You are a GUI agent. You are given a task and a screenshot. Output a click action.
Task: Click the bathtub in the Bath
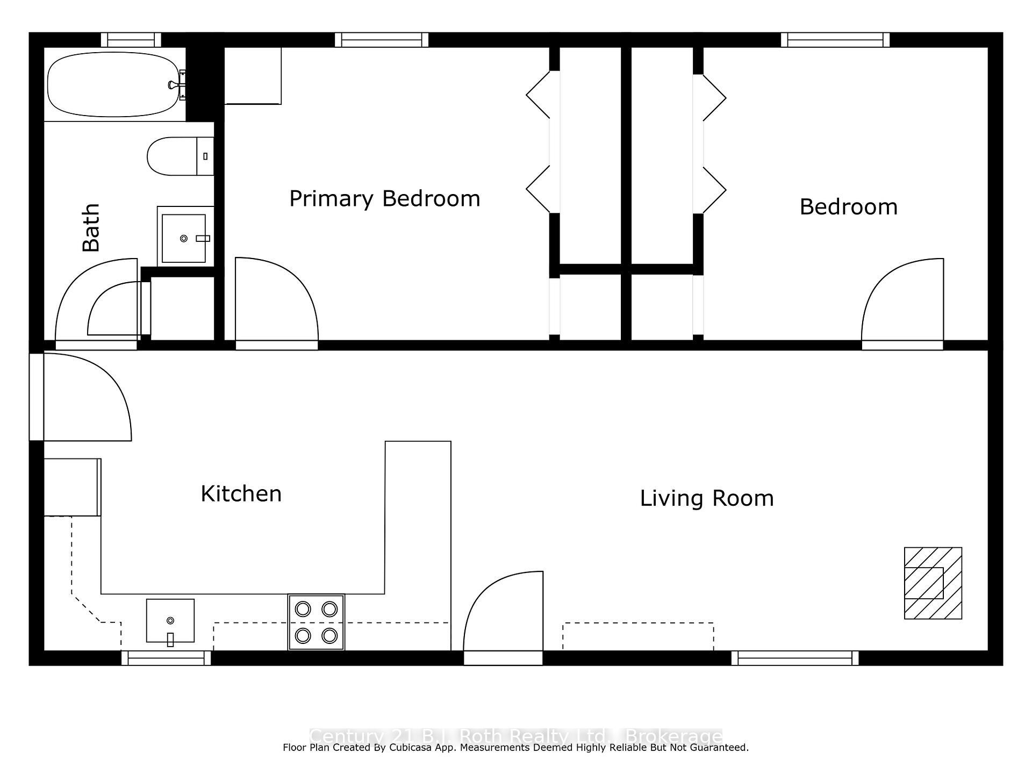tap(113, 84)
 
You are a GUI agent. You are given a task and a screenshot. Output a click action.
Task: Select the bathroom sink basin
tap(184, 238)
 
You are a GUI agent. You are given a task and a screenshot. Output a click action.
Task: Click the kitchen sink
tap(170, 621)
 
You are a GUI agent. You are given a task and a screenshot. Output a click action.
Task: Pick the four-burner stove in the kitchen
tap(316, 622)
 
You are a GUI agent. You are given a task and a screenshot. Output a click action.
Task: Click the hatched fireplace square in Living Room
tap(933, 583)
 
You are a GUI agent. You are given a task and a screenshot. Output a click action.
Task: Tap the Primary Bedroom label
tap(384, 199)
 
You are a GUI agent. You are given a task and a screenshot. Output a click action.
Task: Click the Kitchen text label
tap(241, 494)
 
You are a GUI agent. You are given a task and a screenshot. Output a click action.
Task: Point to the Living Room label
tap(706, 498)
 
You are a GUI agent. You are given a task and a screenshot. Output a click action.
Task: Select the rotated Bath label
tap(91, 227)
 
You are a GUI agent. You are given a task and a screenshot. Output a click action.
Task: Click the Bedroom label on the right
tap(848, 207)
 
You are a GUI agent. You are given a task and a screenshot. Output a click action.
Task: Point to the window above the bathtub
tap(131, 40)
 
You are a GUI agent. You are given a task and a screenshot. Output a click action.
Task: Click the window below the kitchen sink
tap(166, 658)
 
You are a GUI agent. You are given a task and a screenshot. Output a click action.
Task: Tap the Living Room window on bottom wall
tap(795, 658)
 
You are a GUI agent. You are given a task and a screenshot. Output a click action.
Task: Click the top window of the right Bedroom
tap(835, 40)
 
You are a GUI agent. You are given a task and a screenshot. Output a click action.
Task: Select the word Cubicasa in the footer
tap(411, 748)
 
